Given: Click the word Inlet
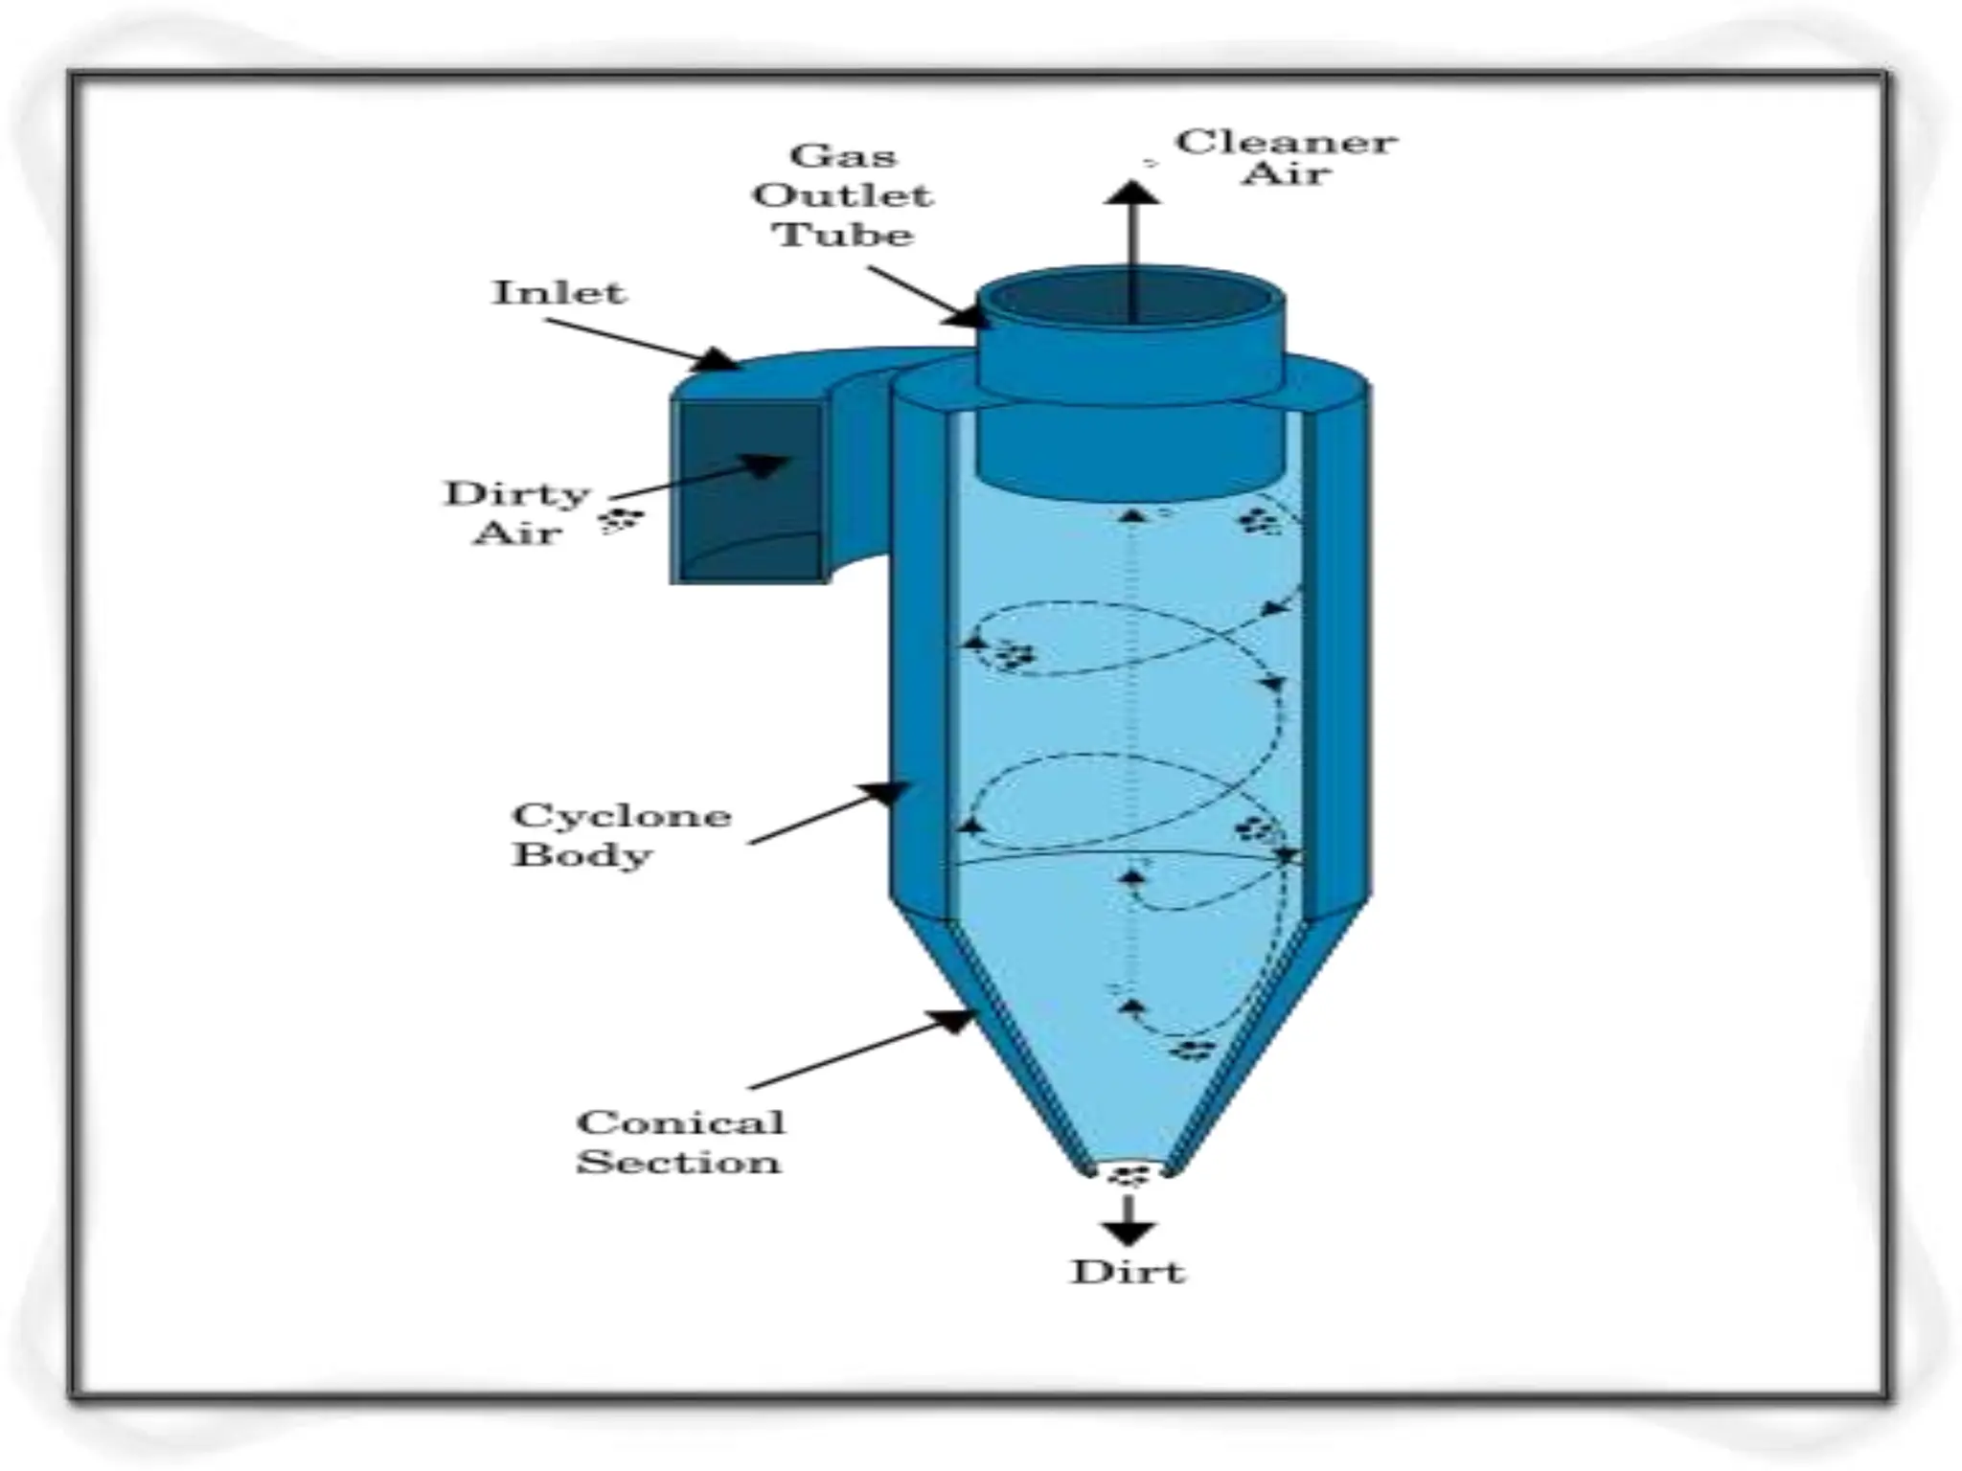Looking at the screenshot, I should (559, 292).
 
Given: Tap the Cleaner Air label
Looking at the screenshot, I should (1286, 157).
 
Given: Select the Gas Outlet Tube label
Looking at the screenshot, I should (842, 195).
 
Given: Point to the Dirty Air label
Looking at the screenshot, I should (518, 512).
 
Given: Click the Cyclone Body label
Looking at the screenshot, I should (622, 834).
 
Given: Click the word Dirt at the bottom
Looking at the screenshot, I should (1128, 1272).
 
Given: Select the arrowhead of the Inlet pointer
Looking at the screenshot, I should (718, 360).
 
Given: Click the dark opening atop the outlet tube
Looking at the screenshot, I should (1130, 299).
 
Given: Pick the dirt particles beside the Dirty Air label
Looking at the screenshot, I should (623, 520).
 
